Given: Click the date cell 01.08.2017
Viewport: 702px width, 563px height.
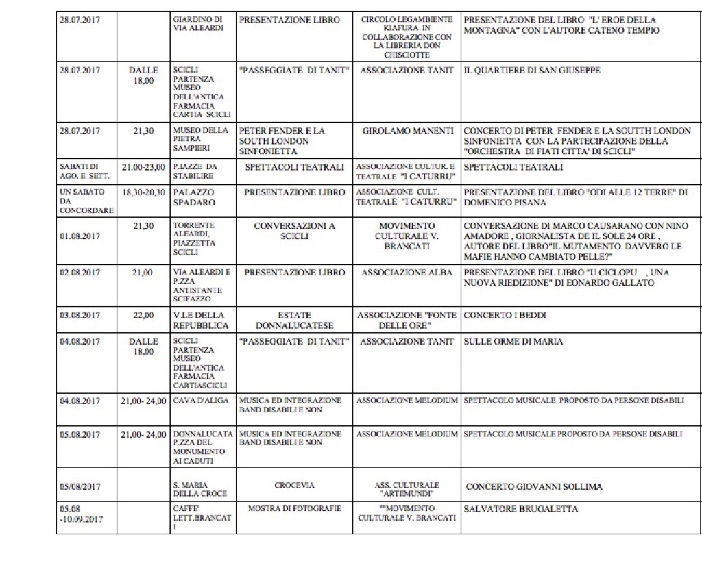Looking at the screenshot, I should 81,236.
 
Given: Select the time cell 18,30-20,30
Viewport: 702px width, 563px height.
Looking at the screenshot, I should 143,193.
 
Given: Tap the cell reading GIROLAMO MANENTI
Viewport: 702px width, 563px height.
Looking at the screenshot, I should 407,131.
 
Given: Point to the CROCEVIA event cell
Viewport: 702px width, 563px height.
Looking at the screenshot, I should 294,485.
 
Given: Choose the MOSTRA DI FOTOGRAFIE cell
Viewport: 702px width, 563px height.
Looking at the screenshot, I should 294,509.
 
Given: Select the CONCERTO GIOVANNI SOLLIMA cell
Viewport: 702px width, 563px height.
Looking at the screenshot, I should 534,487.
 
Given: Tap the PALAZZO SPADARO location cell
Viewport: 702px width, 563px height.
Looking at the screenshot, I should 194,198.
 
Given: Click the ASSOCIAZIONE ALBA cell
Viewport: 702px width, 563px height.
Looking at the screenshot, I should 407,273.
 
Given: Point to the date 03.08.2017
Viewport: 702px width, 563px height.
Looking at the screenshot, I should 81,316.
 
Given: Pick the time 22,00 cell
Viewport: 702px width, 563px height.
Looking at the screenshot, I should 143,316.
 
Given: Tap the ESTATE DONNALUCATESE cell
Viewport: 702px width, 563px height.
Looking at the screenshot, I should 294,321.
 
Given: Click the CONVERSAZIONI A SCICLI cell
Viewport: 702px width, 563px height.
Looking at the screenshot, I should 294,231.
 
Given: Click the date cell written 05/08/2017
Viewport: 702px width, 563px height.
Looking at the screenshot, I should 81,487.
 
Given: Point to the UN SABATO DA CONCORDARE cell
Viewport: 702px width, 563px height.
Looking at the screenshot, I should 86,201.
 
